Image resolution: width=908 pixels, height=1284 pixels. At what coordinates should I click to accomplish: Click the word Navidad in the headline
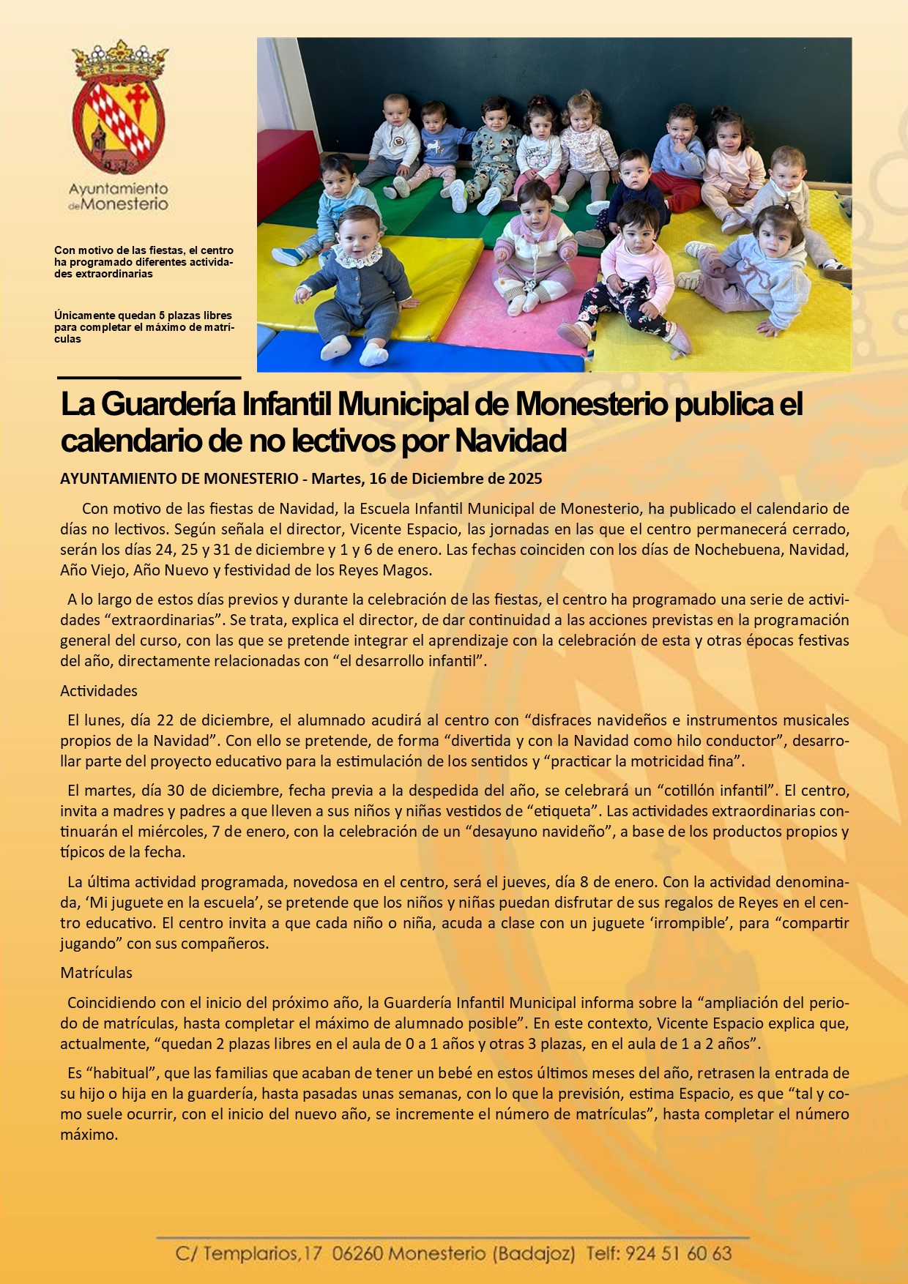(x=510, y=441)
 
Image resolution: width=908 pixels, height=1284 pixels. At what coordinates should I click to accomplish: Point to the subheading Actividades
(x=99, y=691)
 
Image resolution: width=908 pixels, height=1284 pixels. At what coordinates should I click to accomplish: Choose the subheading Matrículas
(x=97, y=973)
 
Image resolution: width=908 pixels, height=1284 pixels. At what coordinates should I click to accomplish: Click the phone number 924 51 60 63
(x=679, y=1254)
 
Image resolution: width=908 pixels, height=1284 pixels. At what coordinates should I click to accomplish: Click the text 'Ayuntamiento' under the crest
(x=119, y=189)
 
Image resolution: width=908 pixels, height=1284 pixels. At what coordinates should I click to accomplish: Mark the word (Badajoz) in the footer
(x=534, y=1254)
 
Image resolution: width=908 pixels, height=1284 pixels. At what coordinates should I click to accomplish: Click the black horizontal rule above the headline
(x=149, y=378)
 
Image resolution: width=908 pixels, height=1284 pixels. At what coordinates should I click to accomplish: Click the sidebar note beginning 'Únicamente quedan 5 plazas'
(x=144, y=327)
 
